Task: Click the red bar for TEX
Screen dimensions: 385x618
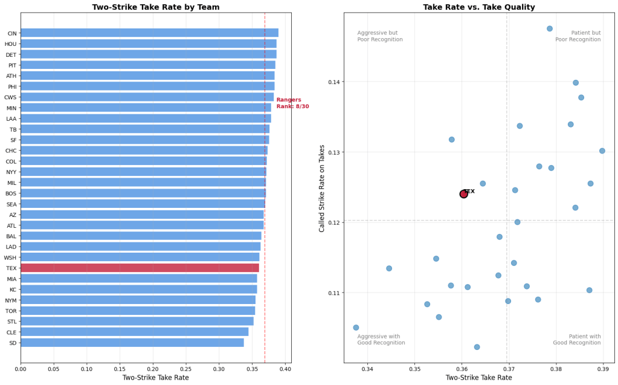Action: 140,268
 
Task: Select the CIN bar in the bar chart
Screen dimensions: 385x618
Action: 149,33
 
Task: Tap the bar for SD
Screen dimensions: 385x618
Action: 132,343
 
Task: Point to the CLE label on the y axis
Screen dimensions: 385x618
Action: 12,332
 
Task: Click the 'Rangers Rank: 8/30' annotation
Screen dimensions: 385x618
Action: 292,103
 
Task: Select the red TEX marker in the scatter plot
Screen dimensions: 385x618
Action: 463,194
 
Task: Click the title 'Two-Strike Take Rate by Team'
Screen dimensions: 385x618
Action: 156,7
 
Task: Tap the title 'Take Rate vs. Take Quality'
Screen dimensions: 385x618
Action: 479,7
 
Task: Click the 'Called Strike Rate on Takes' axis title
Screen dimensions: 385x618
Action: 323,188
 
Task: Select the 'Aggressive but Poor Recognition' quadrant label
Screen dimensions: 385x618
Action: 379,36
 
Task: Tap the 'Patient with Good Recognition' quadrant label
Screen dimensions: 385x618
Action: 577,340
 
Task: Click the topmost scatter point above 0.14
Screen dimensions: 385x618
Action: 550,28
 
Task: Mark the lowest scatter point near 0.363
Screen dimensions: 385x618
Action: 477,347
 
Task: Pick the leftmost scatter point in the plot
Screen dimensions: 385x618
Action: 356,328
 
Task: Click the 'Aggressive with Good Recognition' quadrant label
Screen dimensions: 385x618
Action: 381,340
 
